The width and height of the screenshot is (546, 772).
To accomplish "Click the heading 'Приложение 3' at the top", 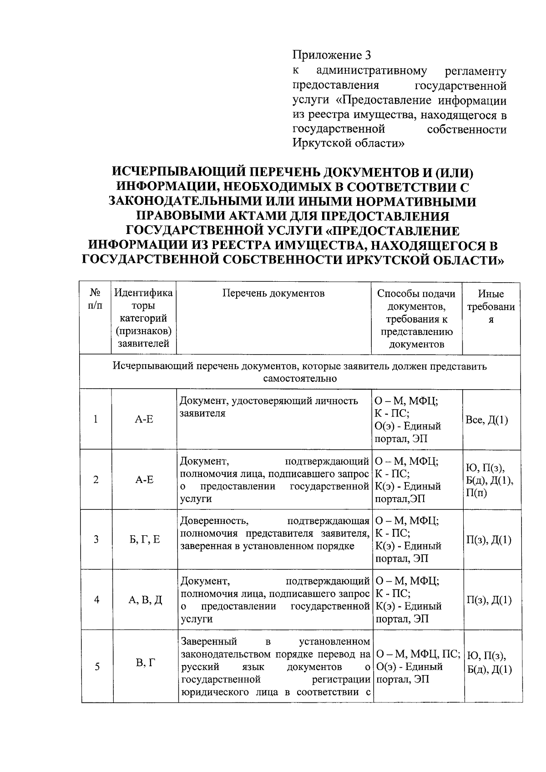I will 331,56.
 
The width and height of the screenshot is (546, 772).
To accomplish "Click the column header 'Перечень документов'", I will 273,293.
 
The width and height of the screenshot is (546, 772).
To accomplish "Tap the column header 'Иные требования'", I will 491,306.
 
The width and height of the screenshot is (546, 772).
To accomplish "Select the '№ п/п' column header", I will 95,300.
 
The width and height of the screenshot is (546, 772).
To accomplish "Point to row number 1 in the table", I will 96,419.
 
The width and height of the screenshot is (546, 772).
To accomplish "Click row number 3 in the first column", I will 96,540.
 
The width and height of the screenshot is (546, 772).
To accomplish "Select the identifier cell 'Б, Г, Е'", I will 144,540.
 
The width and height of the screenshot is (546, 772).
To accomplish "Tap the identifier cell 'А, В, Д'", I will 145,600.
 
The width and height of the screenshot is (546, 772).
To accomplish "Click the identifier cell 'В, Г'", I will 144,663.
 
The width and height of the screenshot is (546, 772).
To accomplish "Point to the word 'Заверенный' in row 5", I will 209,642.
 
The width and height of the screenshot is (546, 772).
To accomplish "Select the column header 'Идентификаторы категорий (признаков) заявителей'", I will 143,318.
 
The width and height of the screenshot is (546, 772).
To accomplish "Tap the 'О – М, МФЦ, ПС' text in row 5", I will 416,655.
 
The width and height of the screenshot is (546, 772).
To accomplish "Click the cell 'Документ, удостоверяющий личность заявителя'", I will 269,407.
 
